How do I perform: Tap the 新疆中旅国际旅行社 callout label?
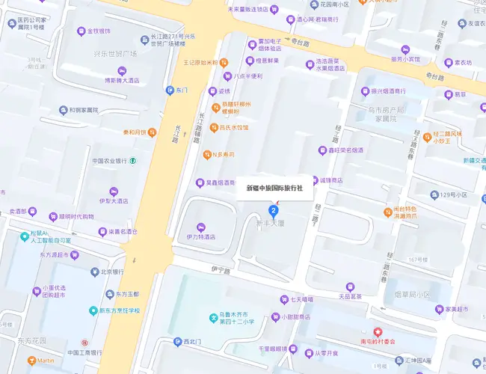[274, 188]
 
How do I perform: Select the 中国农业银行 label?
[108, 161]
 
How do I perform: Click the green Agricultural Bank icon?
[132, 161]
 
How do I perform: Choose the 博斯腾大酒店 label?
[123, 80]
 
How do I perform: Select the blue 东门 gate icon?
[170, 90]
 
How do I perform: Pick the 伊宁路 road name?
[221, 271]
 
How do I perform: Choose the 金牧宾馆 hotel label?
[99, 31]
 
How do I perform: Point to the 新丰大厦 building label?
[271, 223]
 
